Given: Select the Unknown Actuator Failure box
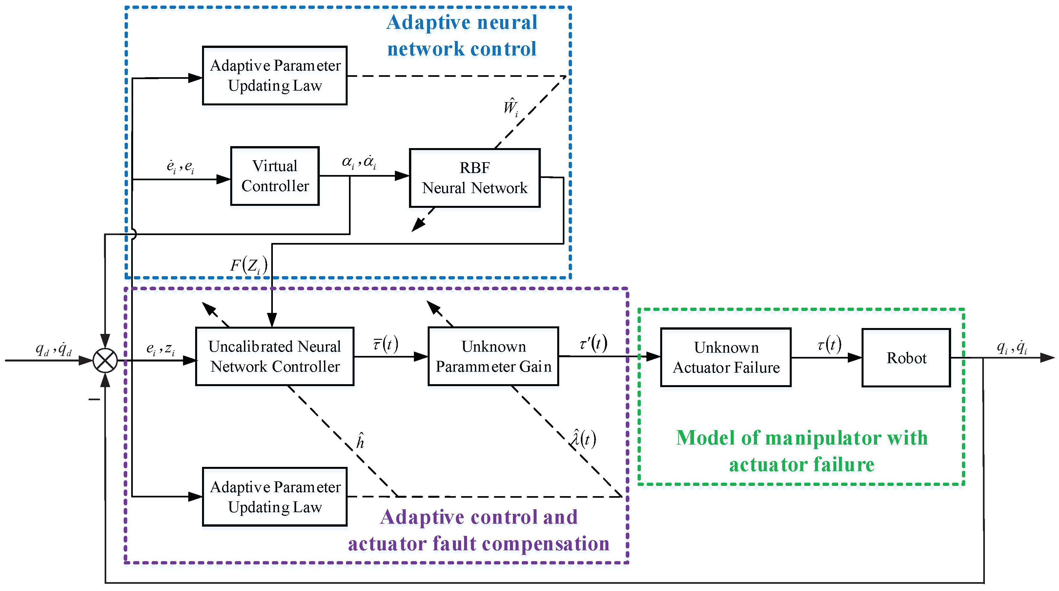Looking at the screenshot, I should tap(725, 357).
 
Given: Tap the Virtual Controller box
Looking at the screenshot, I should tap(275, 176).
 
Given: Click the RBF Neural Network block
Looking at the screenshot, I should tap(475, 178).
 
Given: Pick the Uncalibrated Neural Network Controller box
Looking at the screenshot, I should tap(275, 357).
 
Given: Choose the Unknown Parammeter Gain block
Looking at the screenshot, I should tap(493, 357).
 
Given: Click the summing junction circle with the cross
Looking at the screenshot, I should tap(105, 361).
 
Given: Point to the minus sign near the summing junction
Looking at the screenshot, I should tap(94, 399).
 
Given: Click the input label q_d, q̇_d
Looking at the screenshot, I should tap(53, 349).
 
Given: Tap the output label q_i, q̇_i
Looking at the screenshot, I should tap(1012, 347).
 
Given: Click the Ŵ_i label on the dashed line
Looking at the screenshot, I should tap(511, 107).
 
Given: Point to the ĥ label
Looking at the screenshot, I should tap(360, 441).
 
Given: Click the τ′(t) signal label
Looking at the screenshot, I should tap(593, 343).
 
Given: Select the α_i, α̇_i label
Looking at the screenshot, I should tap(359, 162).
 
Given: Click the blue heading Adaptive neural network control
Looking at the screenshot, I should tap(462, 35).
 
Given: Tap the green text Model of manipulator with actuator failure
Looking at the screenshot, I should tap(802, 451).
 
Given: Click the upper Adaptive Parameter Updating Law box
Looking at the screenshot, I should tap(275, 76).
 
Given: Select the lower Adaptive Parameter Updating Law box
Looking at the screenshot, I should tap(275, 497).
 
